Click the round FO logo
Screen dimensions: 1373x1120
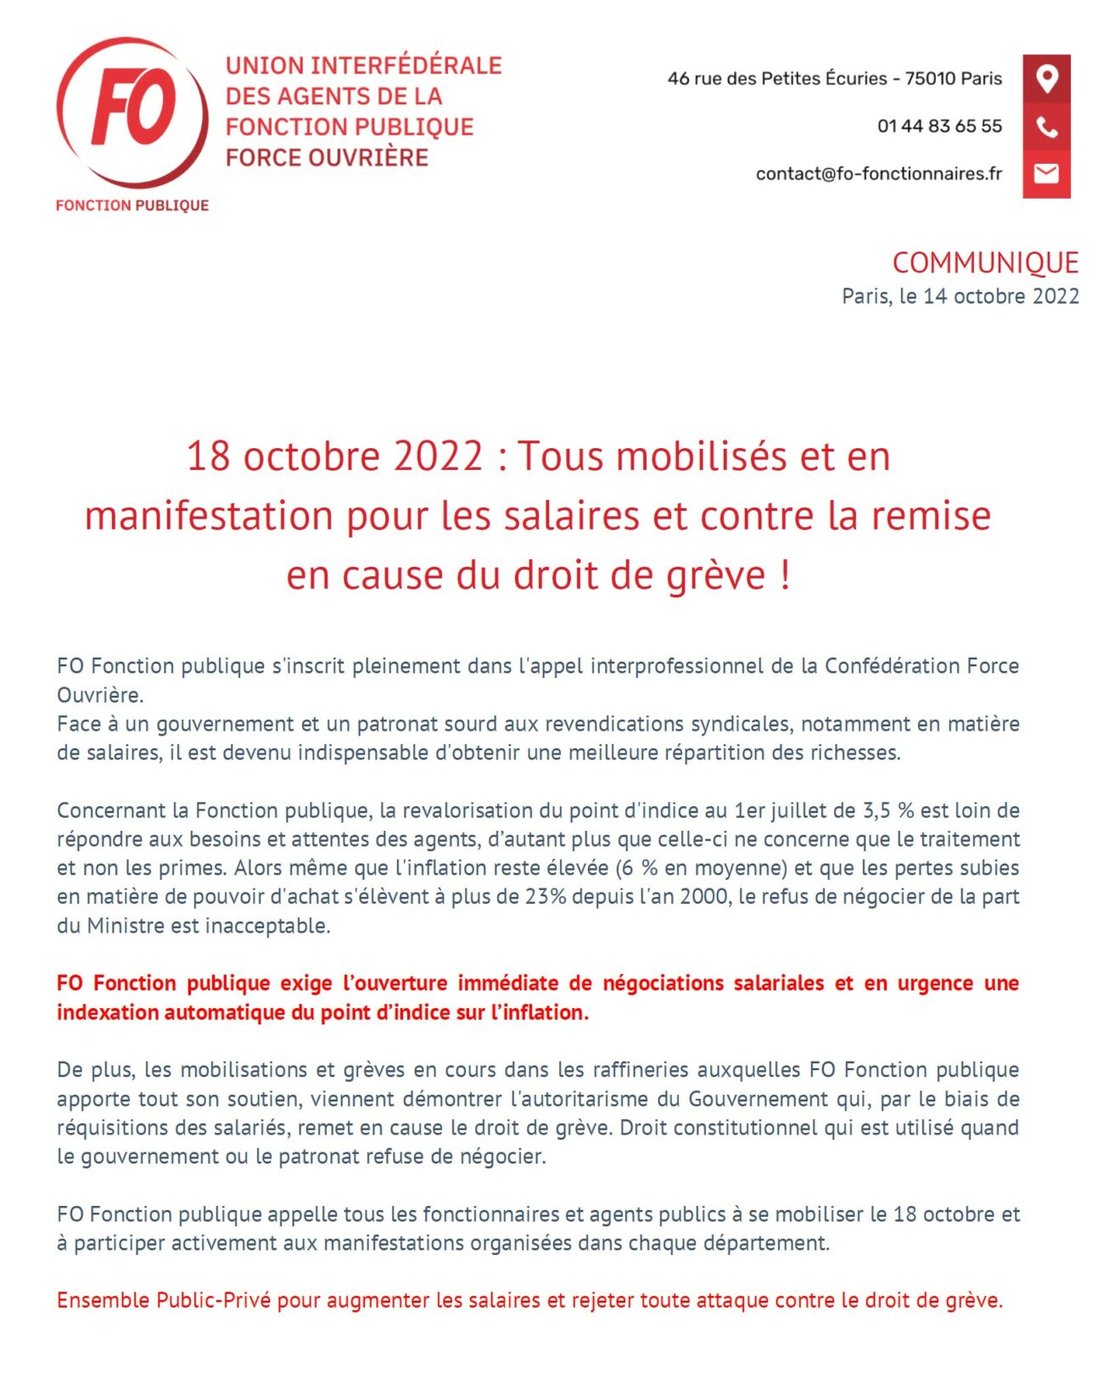[132, 111]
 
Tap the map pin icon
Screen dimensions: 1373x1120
[1046, 79]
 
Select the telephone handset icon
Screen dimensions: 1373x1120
[1046, 127]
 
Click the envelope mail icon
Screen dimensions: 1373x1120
[1046, 174]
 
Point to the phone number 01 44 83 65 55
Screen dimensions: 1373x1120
[939, 126]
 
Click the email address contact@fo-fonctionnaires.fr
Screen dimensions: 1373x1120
[878, 174]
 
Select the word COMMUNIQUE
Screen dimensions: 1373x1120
[984, 263]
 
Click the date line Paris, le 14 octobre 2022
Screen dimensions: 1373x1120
[960, 296]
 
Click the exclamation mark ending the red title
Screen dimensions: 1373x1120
[785, 574]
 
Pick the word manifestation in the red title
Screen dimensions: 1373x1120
[208, 516]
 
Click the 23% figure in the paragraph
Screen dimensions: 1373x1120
[546, 897]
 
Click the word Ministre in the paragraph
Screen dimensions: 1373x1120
[126, 926]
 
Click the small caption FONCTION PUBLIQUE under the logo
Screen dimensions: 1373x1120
[132, 205]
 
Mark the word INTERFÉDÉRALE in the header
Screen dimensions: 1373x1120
[406, 65]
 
